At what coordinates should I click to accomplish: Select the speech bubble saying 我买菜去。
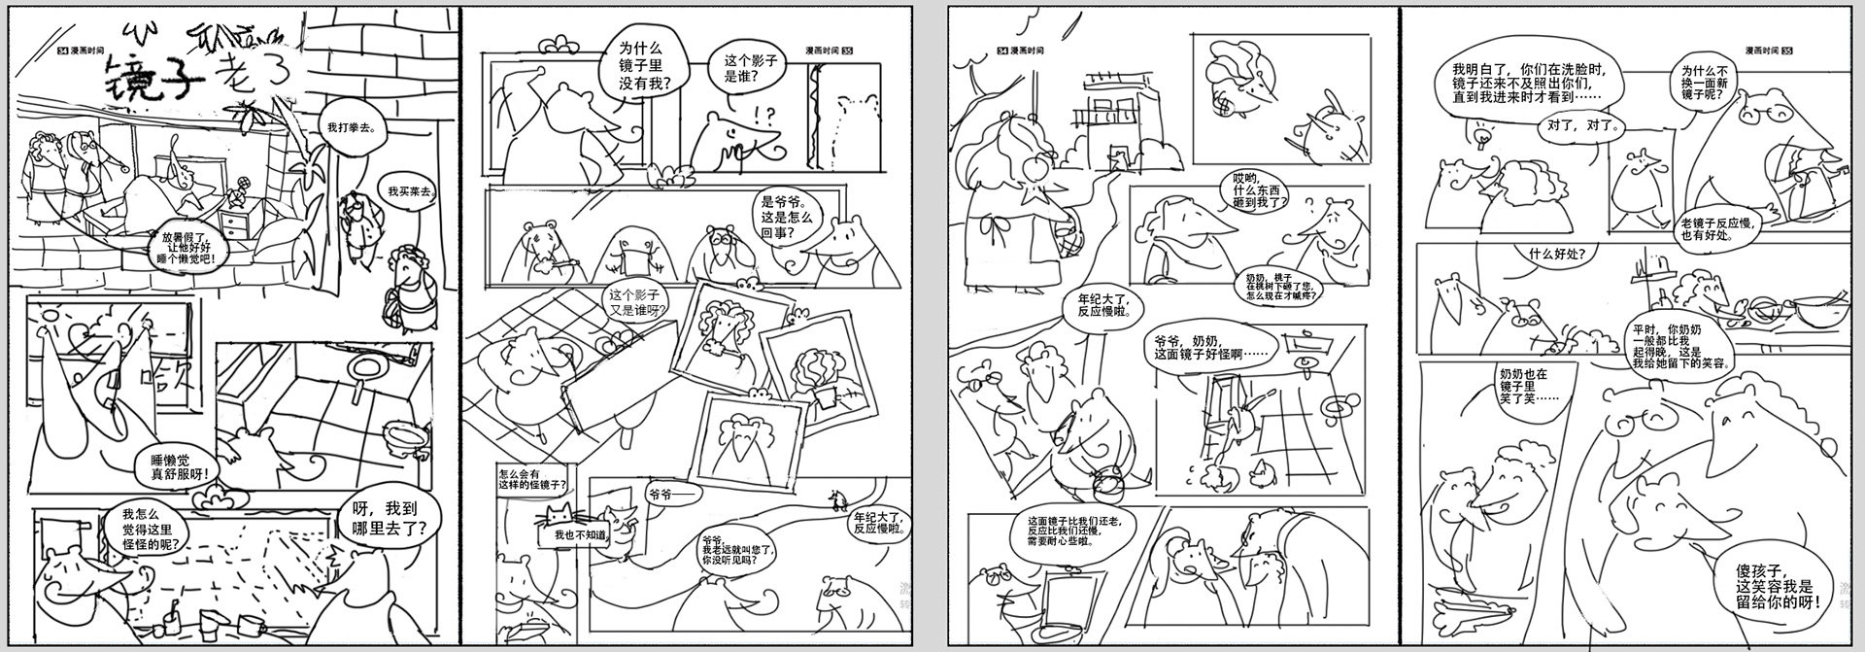click(x=411, y=191)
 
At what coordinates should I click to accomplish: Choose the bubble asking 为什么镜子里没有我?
click(x=645, y=65)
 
